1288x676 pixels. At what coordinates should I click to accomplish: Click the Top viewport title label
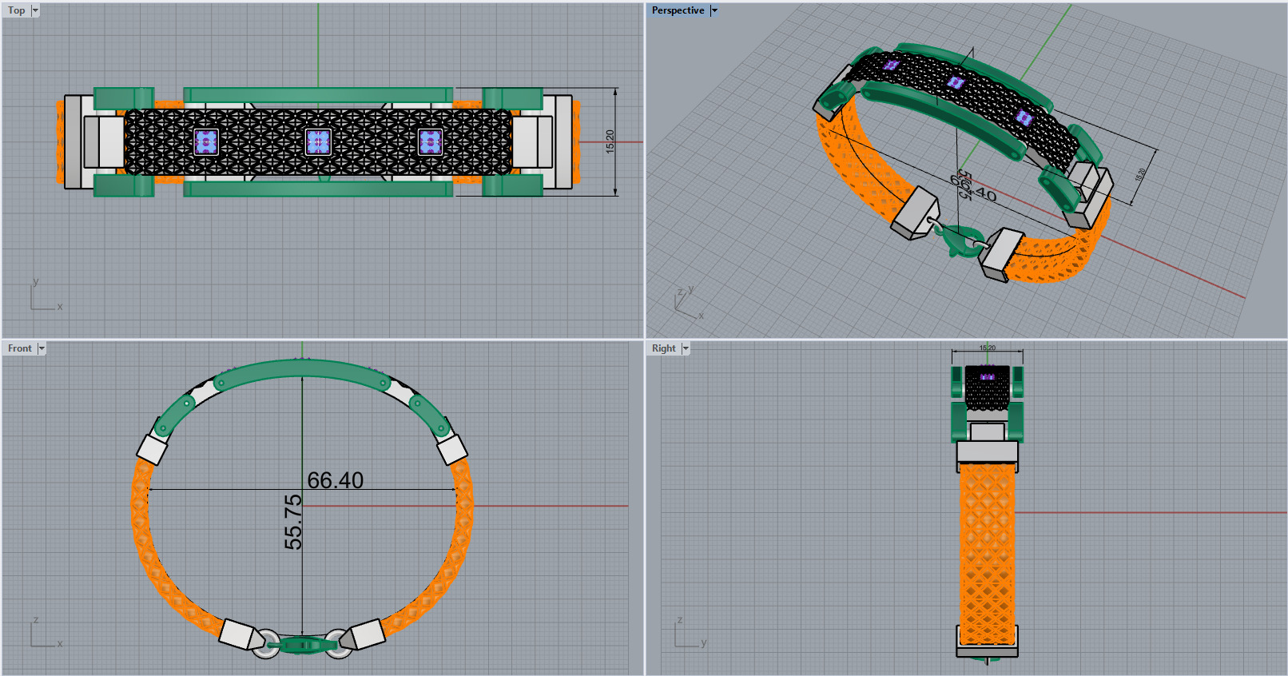pos(16,10)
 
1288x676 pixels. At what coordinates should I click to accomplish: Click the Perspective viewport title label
pos(678,10)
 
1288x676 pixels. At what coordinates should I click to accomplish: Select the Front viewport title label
pos(19,348)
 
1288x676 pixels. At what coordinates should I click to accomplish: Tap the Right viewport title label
pos(663,348)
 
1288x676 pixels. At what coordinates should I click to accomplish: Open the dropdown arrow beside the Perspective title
pos(714,10)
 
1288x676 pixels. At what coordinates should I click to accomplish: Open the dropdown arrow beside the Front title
pos(42,348)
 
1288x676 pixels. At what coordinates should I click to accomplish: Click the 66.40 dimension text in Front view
pos(336,480)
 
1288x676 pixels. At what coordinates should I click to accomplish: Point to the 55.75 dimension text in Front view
pos(293,522)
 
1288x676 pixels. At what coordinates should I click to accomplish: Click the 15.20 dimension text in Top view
pos(610,141)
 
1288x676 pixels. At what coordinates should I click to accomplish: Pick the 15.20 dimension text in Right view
pos(988,348)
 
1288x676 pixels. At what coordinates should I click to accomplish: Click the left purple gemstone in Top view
pos(206,142)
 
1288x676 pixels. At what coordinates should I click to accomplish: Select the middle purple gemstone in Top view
pos(318,142)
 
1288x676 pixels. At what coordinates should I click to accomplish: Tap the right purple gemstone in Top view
pos(430,142)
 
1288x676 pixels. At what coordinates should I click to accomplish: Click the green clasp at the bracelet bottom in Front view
pos(301,643)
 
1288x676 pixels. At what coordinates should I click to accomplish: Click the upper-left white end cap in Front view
pos(152,448)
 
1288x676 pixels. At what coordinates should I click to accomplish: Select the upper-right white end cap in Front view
pos(452,448)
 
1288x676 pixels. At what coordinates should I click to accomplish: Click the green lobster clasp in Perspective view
pos(958,239)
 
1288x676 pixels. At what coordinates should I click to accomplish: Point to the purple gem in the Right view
pos(988,376)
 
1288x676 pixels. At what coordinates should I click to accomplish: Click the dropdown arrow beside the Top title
pos(35,10)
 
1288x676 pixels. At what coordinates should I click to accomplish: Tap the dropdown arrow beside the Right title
pos(686,348)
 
